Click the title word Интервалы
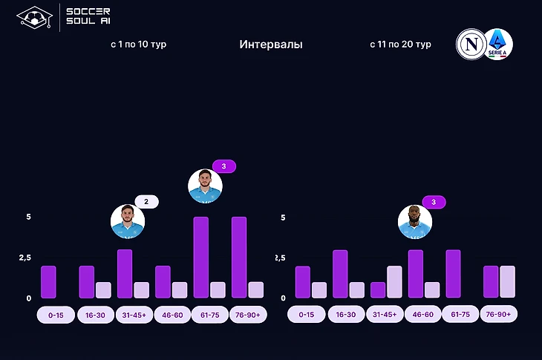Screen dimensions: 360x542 [x=271, y=45]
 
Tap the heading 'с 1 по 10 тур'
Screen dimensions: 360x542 [x=138, y=45]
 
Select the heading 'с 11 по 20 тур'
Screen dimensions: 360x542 [x=400, y=45]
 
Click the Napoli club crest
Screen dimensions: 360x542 [x=471, y=44]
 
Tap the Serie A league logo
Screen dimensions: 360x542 [x=497, y=44]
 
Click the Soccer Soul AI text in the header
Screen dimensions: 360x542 [x=88, y=16]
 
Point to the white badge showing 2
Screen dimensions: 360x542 [x=146, y=201]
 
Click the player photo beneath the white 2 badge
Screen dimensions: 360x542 [x=128, y=221]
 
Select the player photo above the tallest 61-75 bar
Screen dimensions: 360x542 [x=205, y=186]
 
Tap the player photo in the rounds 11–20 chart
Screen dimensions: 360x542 [x=415, y=221]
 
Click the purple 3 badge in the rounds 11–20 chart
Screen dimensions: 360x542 [x=433, y=201]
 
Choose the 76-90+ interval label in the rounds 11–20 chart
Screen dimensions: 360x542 [x=499, y=314]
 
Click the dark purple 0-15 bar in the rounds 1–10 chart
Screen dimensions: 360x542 [x=48, y=282]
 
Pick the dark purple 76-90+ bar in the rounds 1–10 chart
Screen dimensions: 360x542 [x=239, y=258]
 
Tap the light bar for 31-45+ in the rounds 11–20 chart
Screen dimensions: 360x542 [x=394, y=282]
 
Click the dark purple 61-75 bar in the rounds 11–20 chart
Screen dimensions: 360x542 [x=454, y=274]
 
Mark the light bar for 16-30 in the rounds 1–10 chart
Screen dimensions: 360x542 [x=103, y=290]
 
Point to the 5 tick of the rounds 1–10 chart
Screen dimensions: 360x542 [x=28, y=217]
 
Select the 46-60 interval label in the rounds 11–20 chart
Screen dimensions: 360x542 [x=423, y=314]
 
